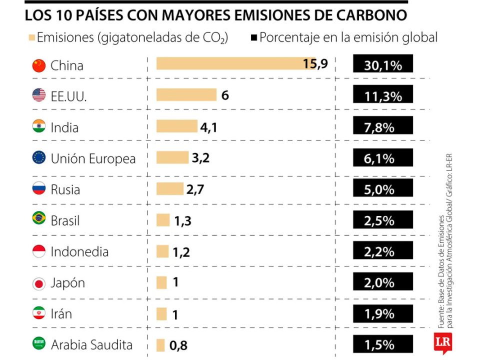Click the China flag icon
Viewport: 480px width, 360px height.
tap(38, 65)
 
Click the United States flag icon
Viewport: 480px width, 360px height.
tap(38, 95)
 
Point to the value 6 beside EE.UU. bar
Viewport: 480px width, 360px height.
tap(225, 95)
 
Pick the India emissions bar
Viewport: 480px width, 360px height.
tap(177, 126)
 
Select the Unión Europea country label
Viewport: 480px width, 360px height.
tap(93, 159)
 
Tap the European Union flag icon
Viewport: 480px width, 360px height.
tap(38, 158)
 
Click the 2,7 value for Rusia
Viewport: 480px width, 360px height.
tap(195, 189)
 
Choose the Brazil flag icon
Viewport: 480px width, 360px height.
tap(38, 219)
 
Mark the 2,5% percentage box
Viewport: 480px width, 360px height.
tap(383, 220)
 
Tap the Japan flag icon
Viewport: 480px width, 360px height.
tap(38, 283)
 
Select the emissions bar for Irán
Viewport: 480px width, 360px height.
tap(161, 314)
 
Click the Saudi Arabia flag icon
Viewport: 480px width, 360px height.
tap(38, 344)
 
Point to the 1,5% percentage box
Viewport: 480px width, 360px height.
tap(383, 345)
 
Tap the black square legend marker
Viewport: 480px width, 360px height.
tap(253, 37)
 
